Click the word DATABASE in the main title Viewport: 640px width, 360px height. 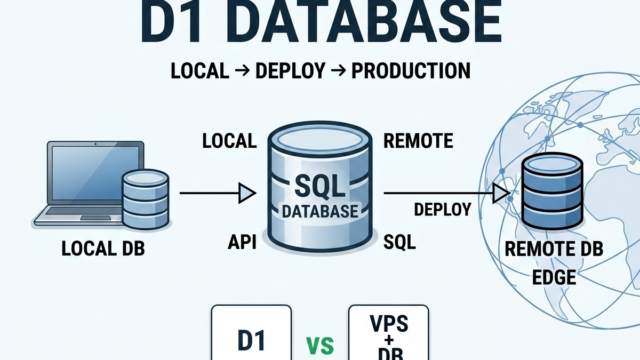coord(368,21)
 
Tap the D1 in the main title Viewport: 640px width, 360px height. coord(172,21)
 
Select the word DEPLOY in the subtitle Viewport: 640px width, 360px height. coord(290,71)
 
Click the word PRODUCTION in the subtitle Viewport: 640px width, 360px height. coord(411,71)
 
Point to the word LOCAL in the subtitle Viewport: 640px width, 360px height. coord(200,71)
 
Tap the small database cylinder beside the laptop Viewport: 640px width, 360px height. coord(146,199)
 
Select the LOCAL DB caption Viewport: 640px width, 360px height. coord(103,248)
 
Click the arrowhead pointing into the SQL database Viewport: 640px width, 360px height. coord(247,193)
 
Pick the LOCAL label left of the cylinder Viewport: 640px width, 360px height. coord(229,141)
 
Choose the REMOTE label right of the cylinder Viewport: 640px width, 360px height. coord(418,141)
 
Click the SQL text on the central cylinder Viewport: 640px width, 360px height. coord(320,186)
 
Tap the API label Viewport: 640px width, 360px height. coord(242,242)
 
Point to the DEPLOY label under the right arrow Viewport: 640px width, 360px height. coord(443,209)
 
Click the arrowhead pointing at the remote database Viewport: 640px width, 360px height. coord(501,193)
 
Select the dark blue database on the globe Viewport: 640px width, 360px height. coord(553,191)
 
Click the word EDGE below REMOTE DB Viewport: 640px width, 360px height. coord(554,277)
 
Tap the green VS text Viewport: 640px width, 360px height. coord(320,345)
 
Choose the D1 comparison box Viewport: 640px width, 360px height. coord(251,333)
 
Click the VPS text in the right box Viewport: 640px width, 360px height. coord(389,324)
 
